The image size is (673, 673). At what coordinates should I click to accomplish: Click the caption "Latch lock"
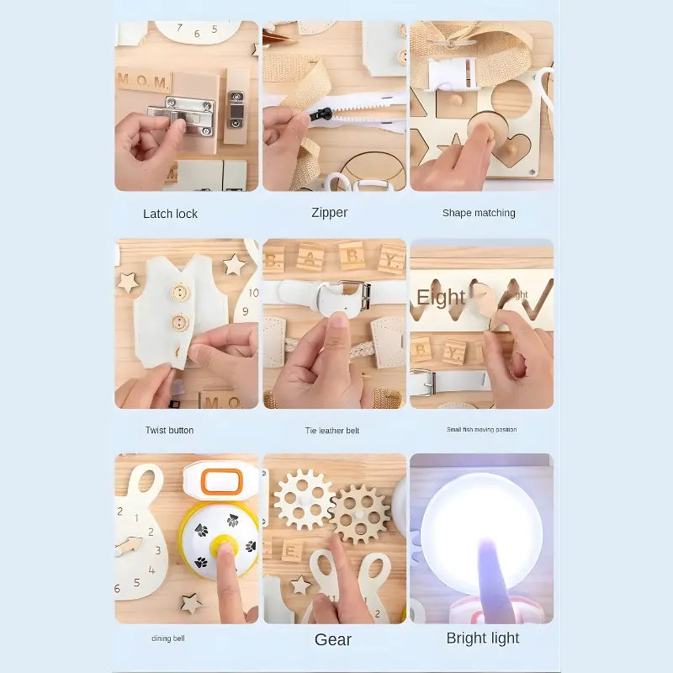point(170,214)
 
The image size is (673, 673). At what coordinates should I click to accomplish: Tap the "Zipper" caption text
point(329,213)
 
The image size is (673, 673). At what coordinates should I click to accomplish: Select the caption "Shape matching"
point(479,213)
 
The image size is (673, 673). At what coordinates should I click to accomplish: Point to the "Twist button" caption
point(169,430)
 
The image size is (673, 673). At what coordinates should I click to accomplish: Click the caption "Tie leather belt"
point(331,431)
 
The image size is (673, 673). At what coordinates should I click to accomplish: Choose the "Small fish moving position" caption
point(481,430)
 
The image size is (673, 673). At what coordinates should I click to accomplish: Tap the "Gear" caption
point(332,639)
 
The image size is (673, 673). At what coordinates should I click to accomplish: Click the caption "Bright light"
point(482,638)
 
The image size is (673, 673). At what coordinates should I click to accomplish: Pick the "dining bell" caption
point(168,639)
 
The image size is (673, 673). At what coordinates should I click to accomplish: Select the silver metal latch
point(183,115)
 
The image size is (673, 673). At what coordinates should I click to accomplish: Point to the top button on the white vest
point(179,293)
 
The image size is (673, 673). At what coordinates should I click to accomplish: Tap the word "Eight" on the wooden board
point(441,297)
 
